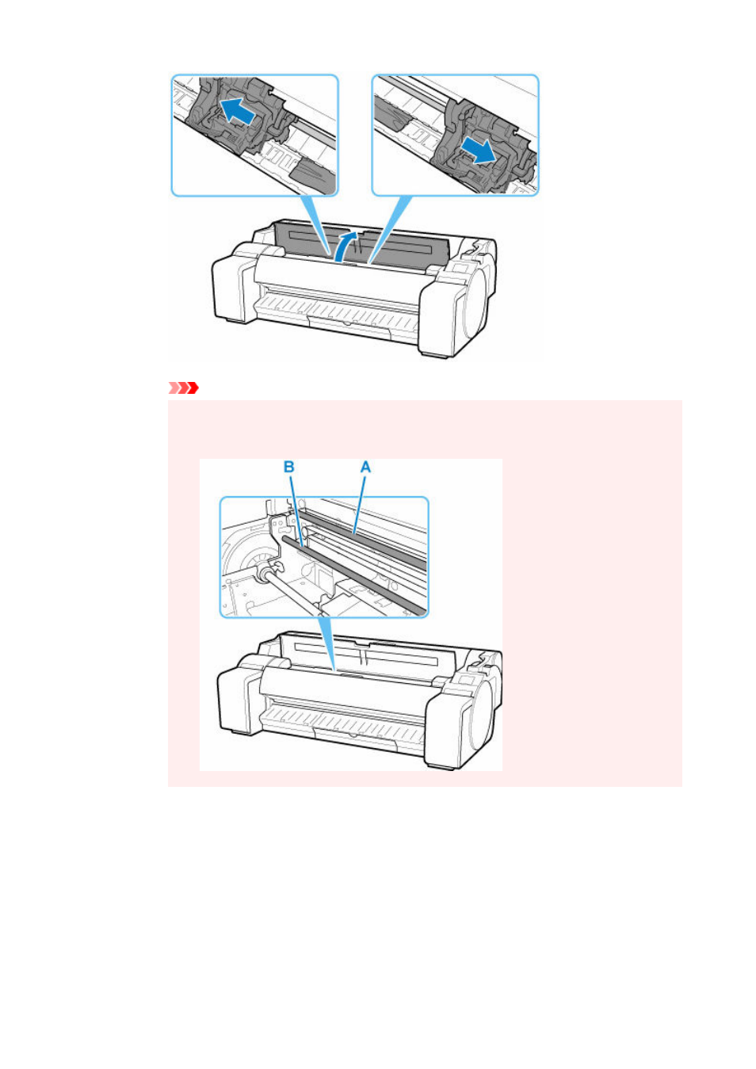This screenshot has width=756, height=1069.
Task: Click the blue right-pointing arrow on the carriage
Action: coord(480,150)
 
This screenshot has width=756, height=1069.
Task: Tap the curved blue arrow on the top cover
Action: coord(346,246)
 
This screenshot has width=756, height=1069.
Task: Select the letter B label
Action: coord(288,467)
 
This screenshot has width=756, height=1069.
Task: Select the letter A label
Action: coord(365,467)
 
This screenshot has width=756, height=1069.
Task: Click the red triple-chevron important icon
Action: coord(184,388)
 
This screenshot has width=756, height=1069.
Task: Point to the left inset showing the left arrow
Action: coord(255,135)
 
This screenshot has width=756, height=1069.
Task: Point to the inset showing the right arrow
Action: coord(456,135)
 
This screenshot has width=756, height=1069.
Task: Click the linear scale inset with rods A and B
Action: coord(324,557)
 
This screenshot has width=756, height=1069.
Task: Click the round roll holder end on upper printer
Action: coord(475,306)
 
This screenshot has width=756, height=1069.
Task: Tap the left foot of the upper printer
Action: coord(232,319)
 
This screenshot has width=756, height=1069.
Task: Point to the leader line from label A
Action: coord(360,503)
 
